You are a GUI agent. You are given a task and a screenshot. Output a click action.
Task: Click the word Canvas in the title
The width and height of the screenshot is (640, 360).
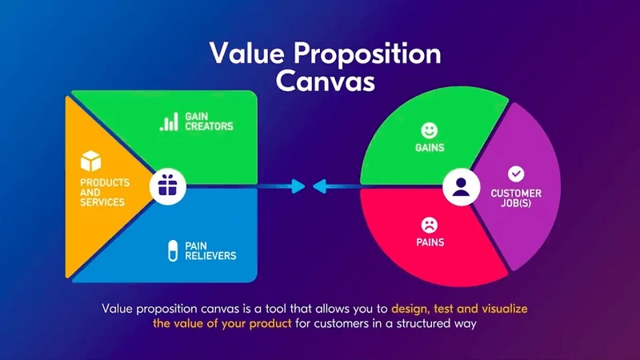325,80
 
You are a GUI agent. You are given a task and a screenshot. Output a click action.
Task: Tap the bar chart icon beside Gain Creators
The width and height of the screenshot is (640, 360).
169,122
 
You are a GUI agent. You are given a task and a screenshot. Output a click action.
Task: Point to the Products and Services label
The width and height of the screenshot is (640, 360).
103,192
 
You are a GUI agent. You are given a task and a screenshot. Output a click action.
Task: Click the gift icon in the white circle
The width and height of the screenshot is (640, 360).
168,186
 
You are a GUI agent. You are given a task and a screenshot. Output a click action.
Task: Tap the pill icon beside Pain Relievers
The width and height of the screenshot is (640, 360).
170,250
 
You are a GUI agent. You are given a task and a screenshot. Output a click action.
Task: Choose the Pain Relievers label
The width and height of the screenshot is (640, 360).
211,250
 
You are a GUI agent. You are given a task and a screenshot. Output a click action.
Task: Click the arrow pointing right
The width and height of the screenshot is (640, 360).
289,186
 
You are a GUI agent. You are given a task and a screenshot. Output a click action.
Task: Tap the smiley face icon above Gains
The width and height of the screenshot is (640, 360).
430,130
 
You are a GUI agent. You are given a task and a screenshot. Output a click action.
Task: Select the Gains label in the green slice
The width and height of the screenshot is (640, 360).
430,148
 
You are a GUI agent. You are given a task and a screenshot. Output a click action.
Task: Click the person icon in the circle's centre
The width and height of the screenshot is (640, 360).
460,186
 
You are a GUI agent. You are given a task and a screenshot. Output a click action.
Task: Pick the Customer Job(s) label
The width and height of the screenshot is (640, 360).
516,198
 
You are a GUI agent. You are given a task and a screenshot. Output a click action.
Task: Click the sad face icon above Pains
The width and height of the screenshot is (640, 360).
430,224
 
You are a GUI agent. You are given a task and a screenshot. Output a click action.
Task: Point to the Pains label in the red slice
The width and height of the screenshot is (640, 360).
430,242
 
